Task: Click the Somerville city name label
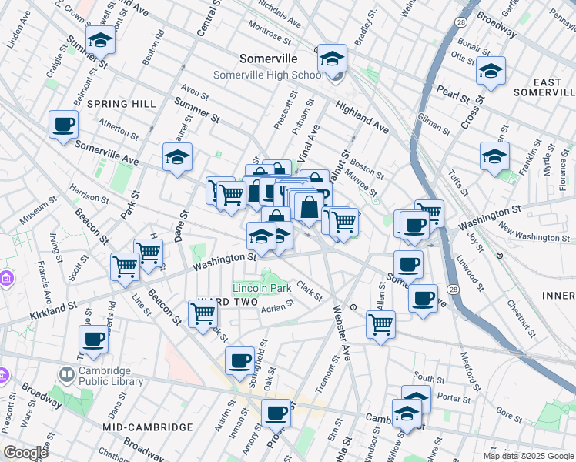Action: point(268,59)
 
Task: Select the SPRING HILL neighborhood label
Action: point(122,104)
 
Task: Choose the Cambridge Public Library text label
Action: point(111,375)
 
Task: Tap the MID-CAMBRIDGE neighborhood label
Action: point(147,427)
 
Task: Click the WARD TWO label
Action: point(220,301)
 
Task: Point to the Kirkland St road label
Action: point(54,311)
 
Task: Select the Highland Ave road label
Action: point(361,114)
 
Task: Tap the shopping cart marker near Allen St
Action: point(380,323)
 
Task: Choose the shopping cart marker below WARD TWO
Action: point(203,313)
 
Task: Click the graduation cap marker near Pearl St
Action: point(491,71)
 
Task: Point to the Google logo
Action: point(26,453)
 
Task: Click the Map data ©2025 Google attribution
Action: point(528,456)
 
